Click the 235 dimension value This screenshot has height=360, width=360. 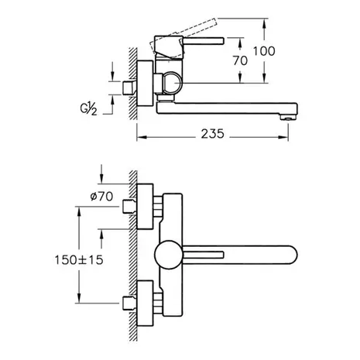[213, 134]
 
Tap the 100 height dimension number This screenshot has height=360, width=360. [264, 51]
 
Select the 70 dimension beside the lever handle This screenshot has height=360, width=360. [240, 60]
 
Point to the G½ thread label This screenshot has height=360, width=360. [88, 108]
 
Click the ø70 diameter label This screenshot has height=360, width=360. [101, 197]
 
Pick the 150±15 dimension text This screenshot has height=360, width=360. [79, 260]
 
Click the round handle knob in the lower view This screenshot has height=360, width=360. [169, 255]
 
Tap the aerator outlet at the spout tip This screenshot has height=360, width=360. [289, 118]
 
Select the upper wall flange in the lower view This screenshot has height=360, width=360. [145, 207]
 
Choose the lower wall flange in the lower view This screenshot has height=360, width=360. [145, 303]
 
